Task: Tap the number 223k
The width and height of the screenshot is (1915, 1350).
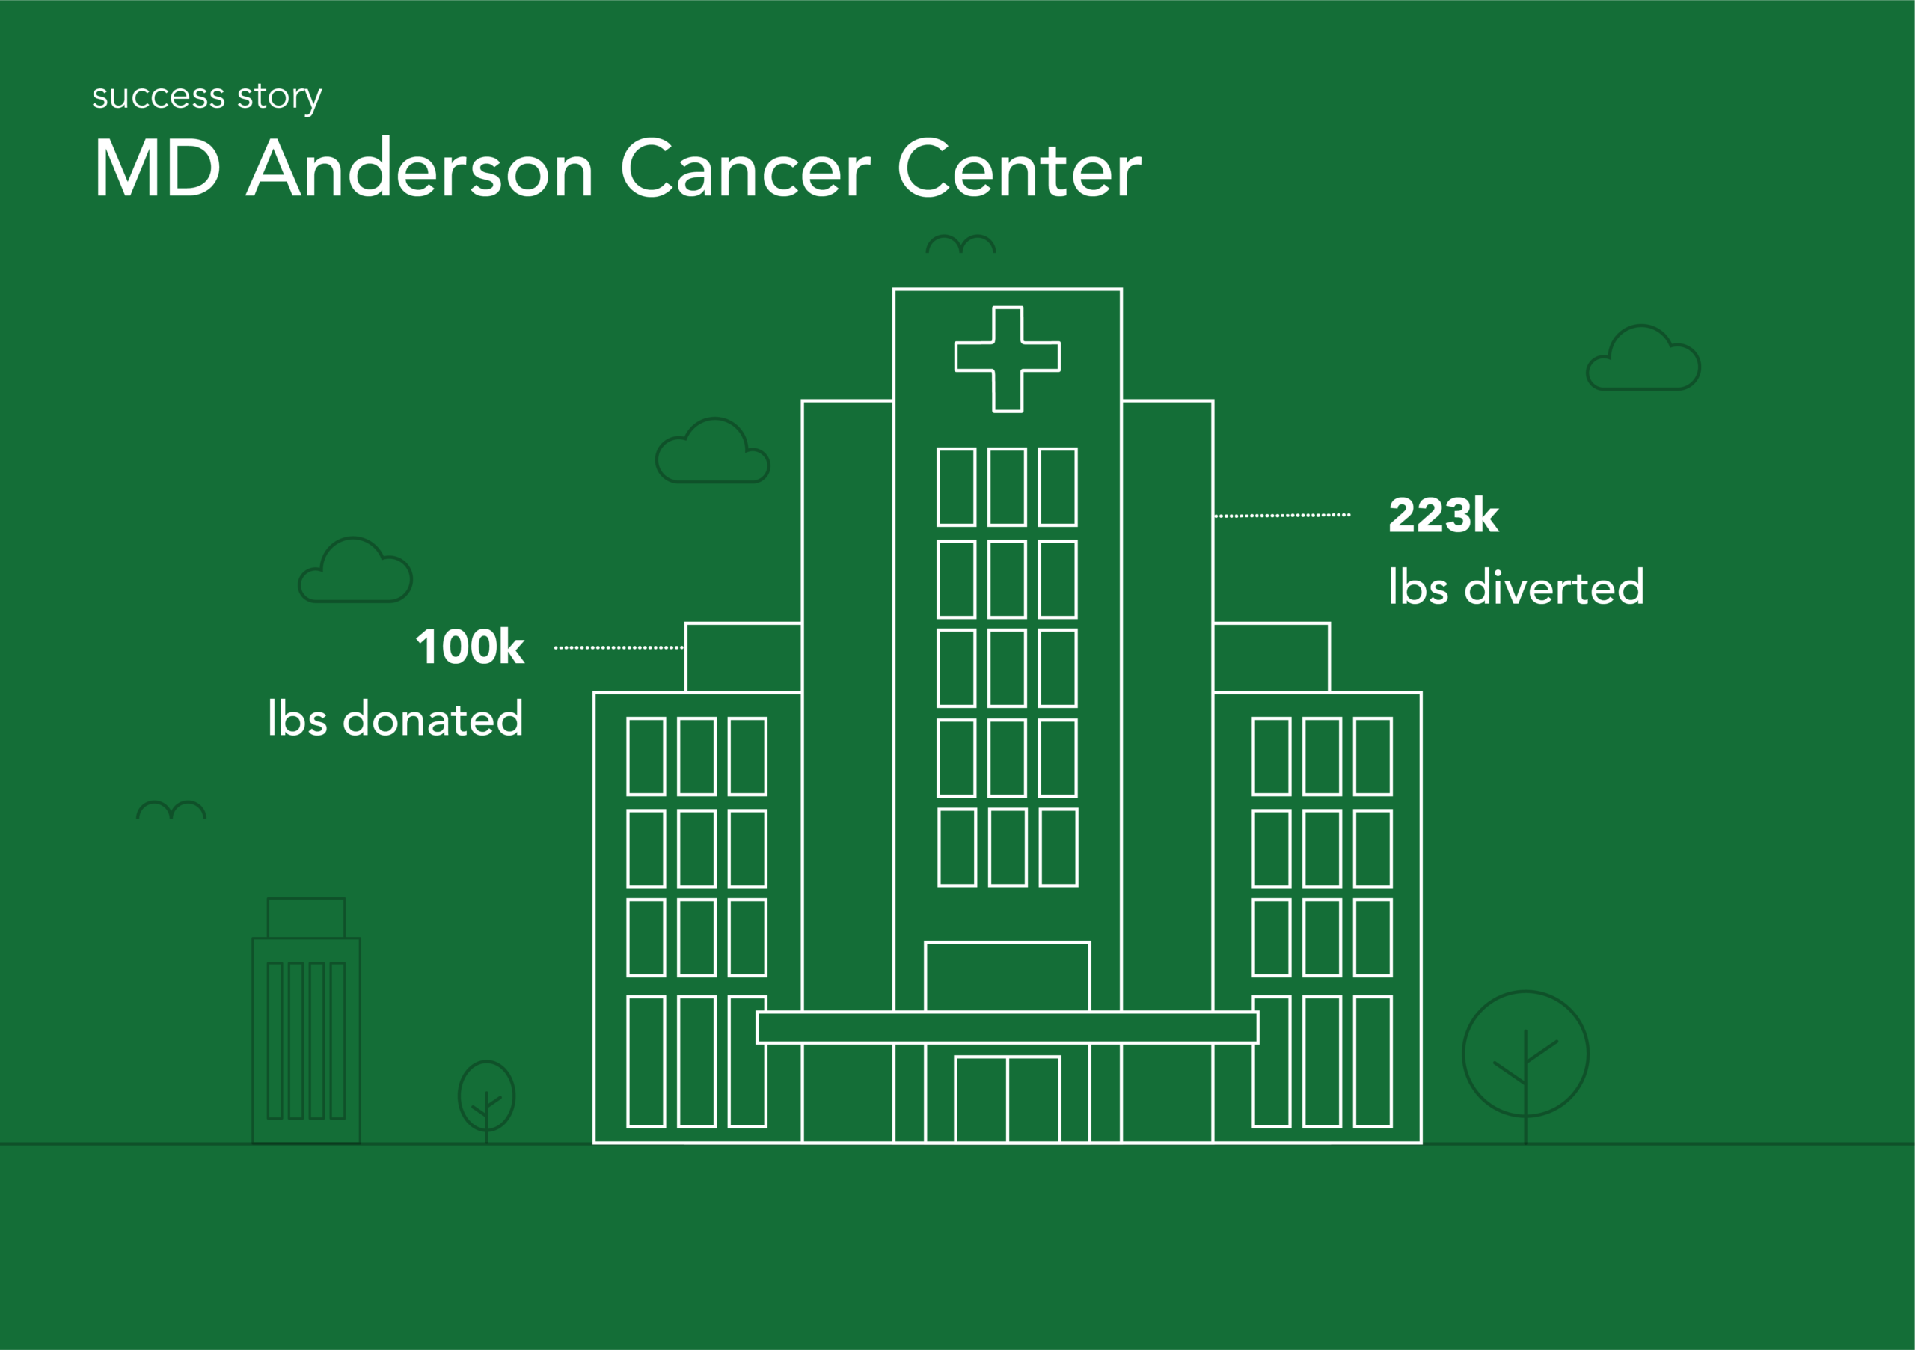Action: [x=1444, y=515]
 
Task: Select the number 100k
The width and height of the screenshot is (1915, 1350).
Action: [x=471, y=647]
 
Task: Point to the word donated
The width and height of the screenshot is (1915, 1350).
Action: [x=433, y=718]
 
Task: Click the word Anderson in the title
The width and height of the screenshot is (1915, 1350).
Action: [x=420, y=168]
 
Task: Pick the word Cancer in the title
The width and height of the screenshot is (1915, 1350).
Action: [x=747, y=168]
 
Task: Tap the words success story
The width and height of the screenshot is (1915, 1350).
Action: [x=207, y=97]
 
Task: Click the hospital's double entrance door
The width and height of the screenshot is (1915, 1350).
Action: [x=1008, y=1099]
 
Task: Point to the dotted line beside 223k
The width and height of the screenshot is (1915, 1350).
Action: [x=1282, y=516]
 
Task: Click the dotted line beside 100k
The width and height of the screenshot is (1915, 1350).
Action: [x=619, y=647]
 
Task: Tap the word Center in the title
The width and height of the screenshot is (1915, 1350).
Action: [x=1020, y=168]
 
